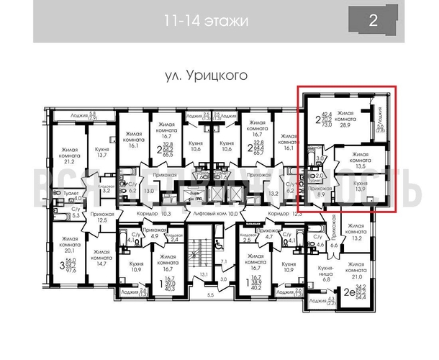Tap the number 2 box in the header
point(372,21)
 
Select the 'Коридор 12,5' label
point(283,214)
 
